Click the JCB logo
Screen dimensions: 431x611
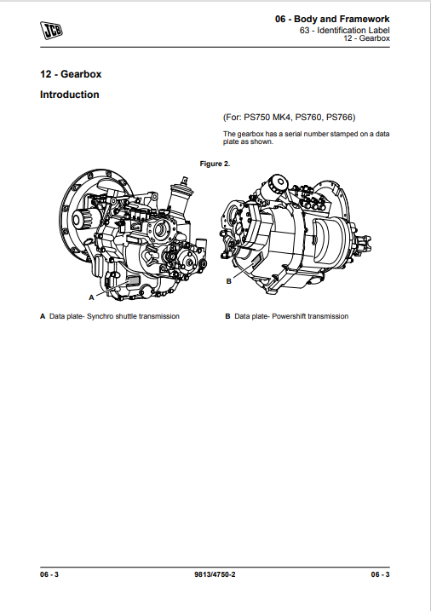pos(51,30)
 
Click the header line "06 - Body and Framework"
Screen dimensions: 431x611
pos(332,19)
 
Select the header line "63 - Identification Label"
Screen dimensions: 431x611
pos(345,30)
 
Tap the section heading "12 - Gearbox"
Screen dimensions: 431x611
pos(71,74)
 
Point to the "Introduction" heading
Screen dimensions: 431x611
pos(70,95)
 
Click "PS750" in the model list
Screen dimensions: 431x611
pos(256,118)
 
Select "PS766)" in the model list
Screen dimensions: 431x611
pos(341,118)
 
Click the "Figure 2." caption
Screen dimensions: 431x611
pos(215,164)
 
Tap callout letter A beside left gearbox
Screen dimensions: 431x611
pos(91,297)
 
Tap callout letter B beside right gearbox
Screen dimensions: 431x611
pos(229,281)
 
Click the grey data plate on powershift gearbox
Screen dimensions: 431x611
pos(257,258)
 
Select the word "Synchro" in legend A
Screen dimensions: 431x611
pos(100,316)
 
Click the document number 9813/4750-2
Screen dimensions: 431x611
pos(215,574)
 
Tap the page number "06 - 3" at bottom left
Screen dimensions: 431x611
pos(49,574)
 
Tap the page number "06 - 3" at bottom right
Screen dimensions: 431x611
pos(381,574)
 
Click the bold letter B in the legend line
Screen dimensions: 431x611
pos(227,316)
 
